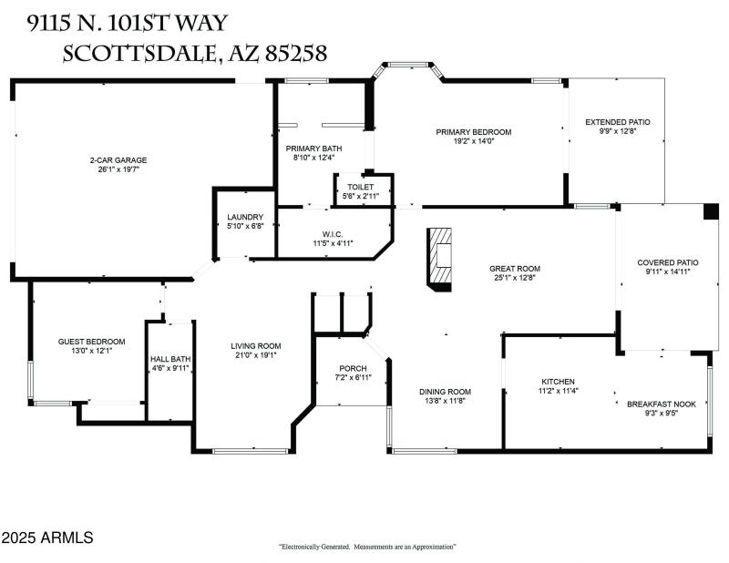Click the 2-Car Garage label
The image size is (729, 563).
[118, 160]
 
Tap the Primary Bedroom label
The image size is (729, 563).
[473, 132]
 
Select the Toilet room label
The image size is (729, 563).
[360, 186]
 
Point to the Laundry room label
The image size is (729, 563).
[245, 217]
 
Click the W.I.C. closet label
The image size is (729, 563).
[333, 234]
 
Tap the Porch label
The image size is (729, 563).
[351, 368]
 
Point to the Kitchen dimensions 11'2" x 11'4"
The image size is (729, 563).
[559, 391]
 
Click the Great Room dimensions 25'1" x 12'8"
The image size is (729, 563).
[515, 278]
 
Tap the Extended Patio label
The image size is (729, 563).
[618, 122]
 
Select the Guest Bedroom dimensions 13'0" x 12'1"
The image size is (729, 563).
[92, 351]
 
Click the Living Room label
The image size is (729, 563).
[255, 346]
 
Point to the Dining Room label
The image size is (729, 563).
[445, 392]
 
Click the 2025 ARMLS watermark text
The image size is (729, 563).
[47, 538]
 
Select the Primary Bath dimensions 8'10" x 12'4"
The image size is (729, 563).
[313, 158]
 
